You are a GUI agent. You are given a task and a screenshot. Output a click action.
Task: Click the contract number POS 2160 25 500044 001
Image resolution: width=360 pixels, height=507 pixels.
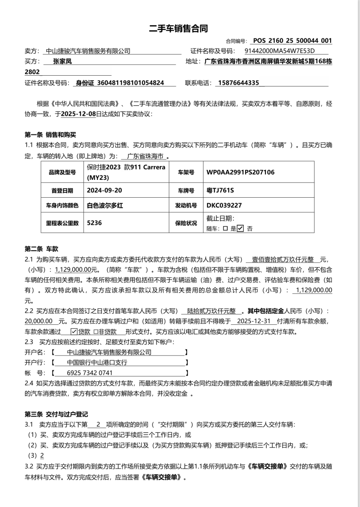[292, 40]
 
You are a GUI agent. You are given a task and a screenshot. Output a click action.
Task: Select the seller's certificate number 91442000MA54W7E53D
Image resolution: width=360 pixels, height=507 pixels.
[280, 51]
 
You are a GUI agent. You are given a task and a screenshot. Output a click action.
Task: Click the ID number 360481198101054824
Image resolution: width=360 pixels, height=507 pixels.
[130, 83]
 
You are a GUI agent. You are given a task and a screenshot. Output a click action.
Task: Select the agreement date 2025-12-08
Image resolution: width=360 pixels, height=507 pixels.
[79, 114]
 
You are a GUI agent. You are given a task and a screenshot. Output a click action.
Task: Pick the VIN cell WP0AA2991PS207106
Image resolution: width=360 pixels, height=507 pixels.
[240, 172]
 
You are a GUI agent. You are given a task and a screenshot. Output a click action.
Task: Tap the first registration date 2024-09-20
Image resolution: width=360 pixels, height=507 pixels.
[104, 190]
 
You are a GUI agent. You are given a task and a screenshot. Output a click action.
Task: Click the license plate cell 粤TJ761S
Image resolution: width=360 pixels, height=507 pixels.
[220, 190]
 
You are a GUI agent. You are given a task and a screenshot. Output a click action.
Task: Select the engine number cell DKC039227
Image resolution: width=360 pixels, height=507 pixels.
[224, 205]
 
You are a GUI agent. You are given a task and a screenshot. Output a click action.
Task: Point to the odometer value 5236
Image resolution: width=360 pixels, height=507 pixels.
[94, 223]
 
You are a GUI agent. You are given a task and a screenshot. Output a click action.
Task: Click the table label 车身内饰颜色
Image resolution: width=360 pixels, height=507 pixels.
[62, 206]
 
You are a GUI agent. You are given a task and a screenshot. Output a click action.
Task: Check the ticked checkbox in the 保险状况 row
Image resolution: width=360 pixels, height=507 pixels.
[240, 229]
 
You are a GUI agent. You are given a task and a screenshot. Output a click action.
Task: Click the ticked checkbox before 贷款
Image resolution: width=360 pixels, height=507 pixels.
[74, 332]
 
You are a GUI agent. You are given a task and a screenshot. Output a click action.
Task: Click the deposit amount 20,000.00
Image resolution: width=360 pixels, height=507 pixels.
[39, 321]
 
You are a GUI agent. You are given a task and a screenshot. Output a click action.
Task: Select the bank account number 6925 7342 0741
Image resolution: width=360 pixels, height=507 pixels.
[90, 373]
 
